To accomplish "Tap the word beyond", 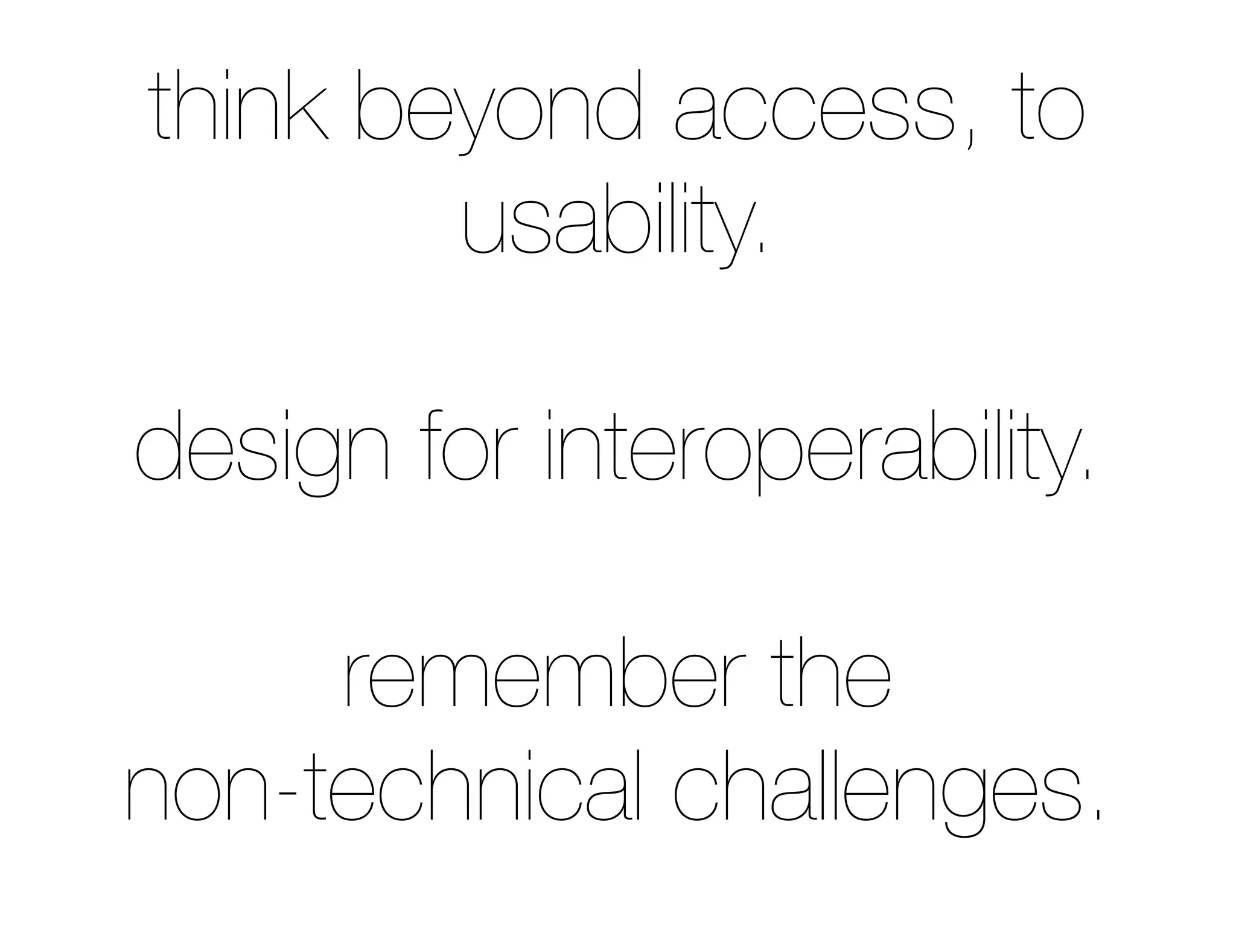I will pyautogui.click(x=499, y=109).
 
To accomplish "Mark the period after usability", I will pyautogui.click(x=761, y=249).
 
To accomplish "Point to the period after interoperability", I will pyautogui.click(x=1088, y=476).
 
